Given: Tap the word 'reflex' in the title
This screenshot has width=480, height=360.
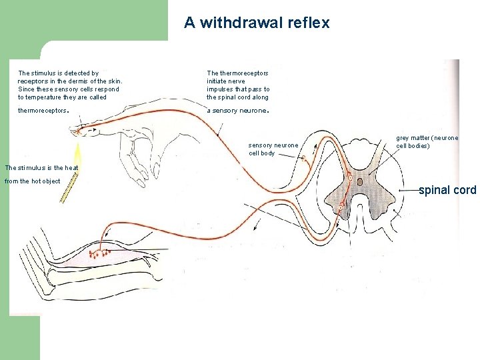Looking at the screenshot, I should (309, 23).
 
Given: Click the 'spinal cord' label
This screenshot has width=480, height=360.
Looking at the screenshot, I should (447, 190).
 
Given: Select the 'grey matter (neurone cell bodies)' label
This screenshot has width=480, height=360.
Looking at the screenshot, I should (427, 141).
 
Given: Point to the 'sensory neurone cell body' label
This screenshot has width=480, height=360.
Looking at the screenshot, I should (273, 149).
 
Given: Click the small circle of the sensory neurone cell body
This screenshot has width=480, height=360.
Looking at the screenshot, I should (303, 158).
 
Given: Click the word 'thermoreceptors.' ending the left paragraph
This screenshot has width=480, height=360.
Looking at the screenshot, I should (43, 111).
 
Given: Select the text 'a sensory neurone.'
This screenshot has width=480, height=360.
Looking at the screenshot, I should (237, 111).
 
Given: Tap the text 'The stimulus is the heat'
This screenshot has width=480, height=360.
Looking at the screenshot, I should (41, 167).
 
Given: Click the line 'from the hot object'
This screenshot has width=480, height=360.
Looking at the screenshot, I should (32, 181).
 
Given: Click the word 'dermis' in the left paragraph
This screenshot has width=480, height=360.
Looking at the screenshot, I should (71, 81).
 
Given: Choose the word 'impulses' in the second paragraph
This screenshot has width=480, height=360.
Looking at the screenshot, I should (220, 89).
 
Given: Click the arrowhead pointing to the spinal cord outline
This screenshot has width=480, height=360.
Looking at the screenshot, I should (400, 190).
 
